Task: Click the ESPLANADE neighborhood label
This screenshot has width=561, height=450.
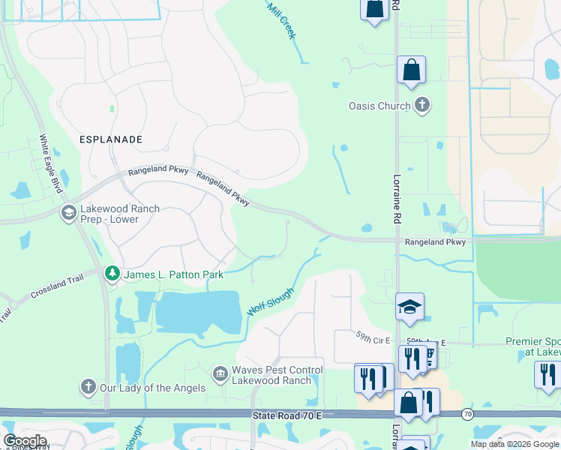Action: tap(110, 139)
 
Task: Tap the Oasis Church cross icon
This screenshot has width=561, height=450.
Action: tap(422, 105)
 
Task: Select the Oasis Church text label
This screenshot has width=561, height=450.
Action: tap(379, 106)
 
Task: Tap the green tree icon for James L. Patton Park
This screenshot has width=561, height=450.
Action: tap(112, 274)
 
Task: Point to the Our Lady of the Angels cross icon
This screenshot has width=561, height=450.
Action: tap(88, 387)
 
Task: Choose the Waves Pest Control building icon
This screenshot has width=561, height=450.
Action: tap(220, 372)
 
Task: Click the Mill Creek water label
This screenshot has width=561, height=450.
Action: tap(282, 19)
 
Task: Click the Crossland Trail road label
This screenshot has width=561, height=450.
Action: tap(57, 290)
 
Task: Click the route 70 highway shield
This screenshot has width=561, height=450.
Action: tap(467, 413)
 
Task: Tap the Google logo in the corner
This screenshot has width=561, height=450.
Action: tap(25, 441)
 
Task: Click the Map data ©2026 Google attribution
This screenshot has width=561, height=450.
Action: tap(514, 444)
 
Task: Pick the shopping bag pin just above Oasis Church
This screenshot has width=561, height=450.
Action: tap(411, 70)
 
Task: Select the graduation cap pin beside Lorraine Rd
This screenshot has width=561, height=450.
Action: tap(409, 307)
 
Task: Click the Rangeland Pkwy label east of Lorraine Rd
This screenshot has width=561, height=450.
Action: tap(435, 242)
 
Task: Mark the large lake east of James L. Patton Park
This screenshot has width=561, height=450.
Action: tap(198, 311)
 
